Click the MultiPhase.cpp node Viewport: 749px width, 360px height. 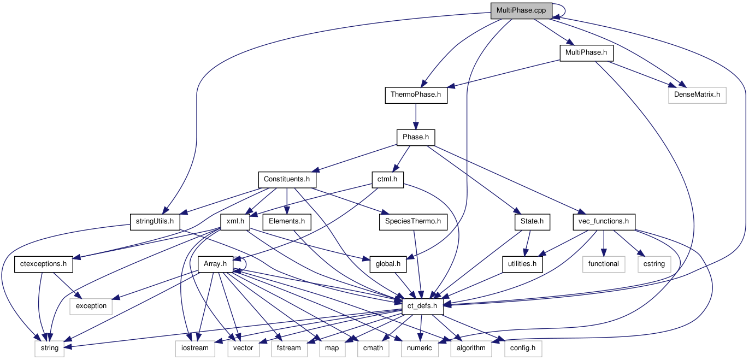521,10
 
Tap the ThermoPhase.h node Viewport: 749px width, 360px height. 416,95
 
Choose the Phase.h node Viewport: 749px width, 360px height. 416,137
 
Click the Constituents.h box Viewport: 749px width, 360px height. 287,179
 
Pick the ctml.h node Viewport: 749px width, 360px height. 387,179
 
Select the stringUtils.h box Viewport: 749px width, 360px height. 155,221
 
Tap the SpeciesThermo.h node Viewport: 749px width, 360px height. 413,221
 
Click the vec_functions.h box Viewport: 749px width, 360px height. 603,221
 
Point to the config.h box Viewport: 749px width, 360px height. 523,348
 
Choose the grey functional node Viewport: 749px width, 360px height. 603,264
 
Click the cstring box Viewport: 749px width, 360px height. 654,264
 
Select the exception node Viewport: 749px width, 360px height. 91,306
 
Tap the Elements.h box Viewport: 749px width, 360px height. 287,221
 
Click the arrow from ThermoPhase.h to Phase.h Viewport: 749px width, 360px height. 416,116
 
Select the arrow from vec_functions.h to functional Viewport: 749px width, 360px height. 603,243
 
